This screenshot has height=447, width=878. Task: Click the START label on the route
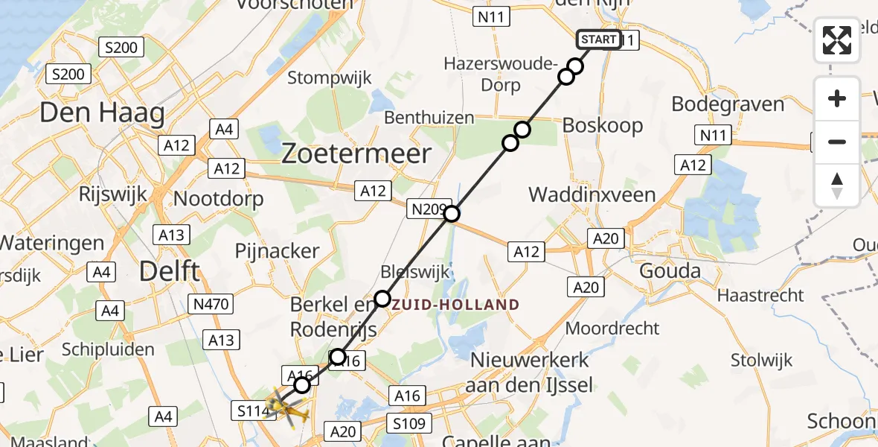coord(598,39)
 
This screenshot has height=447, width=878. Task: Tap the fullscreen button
coord(837,40)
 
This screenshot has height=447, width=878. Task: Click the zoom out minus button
coord(837,142)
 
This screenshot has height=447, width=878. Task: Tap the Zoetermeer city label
coord(356,154)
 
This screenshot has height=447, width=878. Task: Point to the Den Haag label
coord(102,113)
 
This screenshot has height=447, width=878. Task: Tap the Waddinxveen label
coord(592,195)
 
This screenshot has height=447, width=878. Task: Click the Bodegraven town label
coord(728,104)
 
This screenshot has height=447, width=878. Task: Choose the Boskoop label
coord(603,125)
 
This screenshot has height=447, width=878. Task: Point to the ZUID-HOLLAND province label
coord(455,305)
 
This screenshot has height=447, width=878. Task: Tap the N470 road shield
coord(213,303)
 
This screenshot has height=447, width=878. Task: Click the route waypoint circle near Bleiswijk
coord(382,299)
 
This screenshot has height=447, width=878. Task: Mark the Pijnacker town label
coord(277,251)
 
